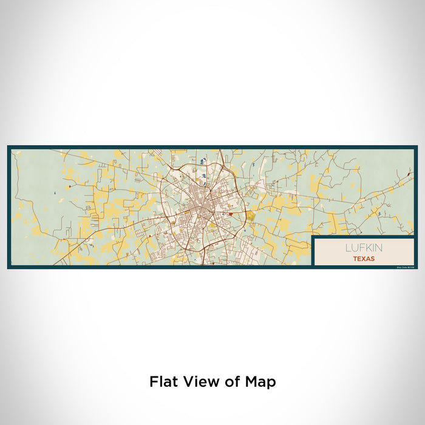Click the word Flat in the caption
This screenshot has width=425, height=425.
tap(163, 382)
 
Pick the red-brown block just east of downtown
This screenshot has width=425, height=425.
tap(230, 214)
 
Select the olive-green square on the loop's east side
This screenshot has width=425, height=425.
tap(250, 215)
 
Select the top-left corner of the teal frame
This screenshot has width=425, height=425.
tap(9, 147)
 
